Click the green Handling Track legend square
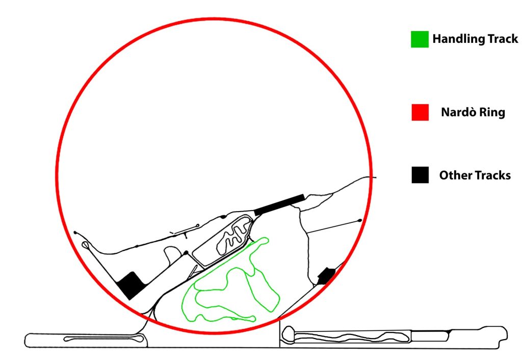tap(420, 39)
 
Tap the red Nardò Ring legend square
tap(420, 112)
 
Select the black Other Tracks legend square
tap(420, 175)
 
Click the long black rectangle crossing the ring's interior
tap(279, 204)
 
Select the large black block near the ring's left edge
tap(131, 285)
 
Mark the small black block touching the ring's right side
tap(326, 276)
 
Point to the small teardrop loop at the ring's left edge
tap(86, 245)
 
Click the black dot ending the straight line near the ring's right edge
tap(359, 220)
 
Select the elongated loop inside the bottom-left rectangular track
tap(104, 339)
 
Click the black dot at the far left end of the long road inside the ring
tap(75, 233)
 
